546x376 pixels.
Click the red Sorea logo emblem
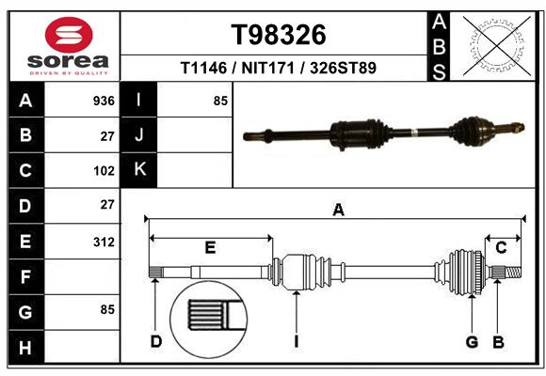click(x=69, y=35)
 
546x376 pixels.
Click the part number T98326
click(x=279, y=35)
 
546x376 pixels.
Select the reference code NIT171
click(x=268, y=68)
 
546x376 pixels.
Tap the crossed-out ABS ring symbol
click(x=497, y=46)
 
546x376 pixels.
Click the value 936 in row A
click(x=104, y=101)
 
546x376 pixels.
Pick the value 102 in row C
click(x=104, y=171)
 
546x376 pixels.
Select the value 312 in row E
click(x=104, y=242)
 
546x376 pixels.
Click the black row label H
click(x=26, y=347)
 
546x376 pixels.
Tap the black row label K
click(x=139, y=169)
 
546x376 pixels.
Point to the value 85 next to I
click(x=220, y=101)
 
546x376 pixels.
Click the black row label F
click(x=26, y=276)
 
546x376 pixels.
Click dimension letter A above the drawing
click(x=339, y=210)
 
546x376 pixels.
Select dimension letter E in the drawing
click(x=210, y=247)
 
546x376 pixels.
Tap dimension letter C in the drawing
click(x=501, y=247)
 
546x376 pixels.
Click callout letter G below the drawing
click(x=472, y=342)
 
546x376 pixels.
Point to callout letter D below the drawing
click(x=156, y=342)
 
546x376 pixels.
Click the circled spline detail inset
click(x=209, y=320)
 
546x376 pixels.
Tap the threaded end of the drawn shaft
click(x=513, y=272)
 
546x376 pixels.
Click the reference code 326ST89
click(x=343, y=68)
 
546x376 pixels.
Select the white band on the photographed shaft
click(x=413, y=133)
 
